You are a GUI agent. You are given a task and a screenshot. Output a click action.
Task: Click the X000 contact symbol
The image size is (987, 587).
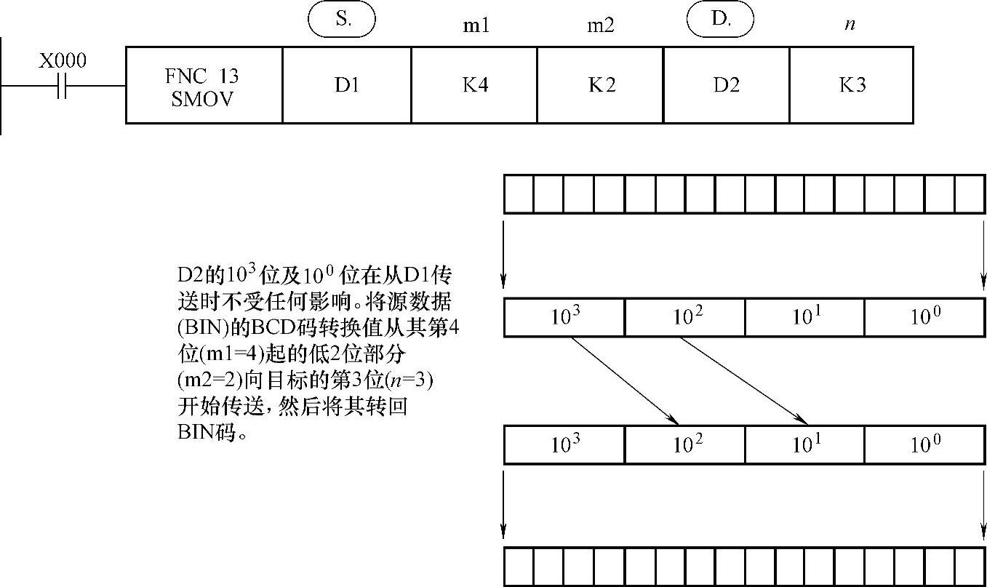tap(62, 86)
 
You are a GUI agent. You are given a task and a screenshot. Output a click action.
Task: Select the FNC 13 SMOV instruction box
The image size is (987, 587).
tap(204, 86)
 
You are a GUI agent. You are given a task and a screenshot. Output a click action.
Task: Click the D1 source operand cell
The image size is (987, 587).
tap(347, 86)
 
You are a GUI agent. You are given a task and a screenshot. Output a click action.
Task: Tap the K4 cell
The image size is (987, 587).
tap(474, 86)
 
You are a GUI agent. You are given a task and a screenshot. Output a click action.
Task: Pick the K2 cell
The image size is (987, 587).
tap(601, 86)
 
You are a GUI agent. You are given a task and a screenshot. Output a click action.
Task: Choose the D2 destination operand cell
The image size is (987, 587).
tap(726, 86)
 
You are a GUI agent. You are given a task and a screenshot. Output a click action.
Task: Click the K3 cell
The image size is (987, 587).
tap(851, 86)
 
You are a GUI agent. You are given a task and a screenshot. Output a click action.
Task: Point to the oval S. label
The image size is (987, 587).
tap(343, 20)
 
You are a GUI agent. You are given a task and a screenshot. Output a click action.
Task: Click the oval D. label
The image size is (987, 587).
tap(720, 20)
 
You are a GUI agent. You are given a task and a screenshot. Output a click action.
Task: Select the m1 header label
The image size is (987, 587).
tap(476, 26)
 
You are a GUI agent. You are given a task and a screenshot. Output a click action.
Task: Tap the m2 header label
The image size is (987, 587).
tap(601, 26)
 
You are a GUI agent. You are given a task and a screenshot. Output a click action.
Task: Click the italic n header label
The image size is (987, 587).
tap(850, 25)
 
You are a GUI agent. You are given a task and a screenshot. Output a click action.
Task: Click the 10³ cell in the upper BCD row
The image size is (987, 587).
tap(564, 318)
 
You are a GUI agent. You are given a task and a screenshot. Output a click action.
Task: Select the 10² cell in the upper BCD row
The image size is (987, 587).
tap(684, 318)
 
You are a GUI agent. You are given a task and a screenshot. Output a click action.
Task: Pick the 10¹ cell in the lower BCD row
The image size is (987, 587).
tap(804, 444)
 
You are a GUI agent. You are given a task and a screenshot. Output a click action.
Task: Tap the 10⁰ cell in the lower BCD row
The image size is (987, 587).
tap(924, 444)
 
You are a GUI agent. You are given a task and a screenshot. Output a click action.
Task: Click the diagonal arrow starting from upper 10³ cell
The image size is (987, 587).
tap(626, 380)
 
